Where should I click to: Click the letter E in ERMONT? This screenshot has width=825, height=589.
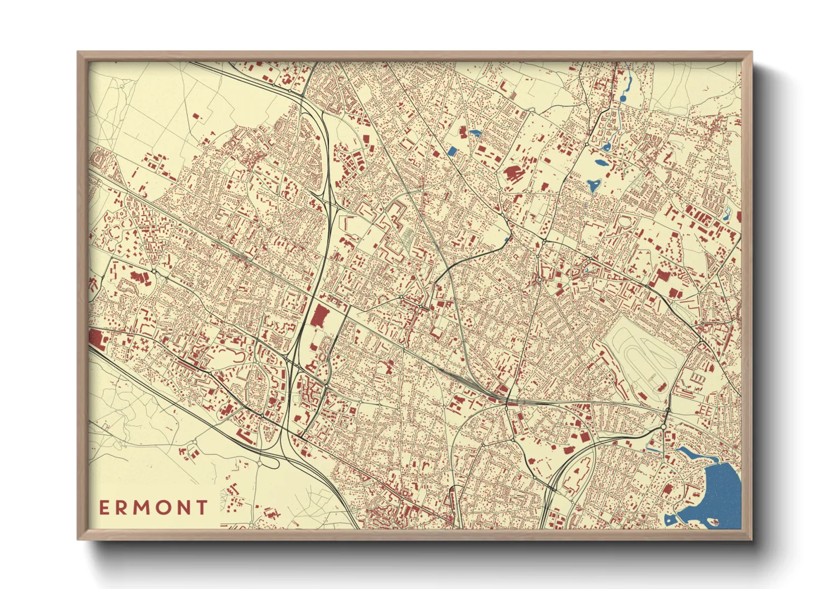coord(105,507)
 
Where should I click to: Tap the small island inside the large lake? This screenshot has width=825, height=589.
coord(712,522)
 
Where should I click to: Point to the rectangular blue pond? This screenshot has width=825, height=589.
coord(452,150)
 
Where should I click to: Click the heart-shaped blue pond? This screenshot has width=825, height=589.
coord(593,184)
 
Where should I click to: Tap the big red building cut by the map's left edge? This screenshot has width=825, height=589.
coord(95,338)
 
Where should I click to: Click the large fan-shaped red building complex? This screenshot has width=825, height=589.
coord(512,173)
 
